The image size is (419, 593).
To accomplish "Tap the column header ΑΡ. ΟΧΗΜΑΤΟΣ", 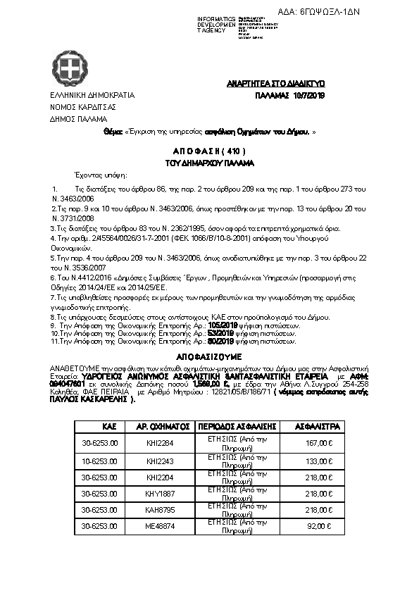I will pos(161,427).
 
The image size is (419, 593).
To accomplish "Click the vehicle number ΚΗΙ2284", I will pos(158,444).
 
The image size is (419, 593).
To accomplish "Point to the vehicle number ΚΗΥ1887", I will pos(158,493).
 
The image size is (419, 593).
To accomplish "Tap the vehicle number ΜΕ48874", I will pos(158,526).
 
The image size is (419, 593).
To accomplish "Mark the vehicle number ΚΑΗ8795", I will pos(158,509).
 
